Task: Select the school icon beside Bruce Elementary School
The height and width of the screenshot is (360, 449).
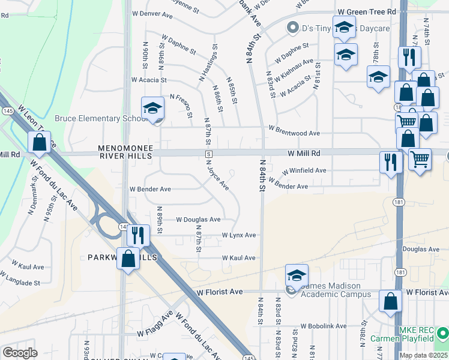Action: pyautogui.click(x=152, y=109)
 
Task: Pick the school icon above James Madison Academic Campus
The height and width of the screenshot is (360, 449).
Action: pyautogui.click(x=297, y=275)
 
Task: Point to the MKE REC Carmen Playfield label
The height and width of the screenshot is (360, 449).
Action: pyautogui.click(x=415, y=335)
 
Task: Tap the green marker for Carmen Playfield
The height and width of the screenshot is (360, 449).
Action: pyautogui.click(x=442, y=331)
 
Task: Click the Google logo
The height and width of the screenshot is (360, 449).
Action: pyautogui.click(x=20, y=353)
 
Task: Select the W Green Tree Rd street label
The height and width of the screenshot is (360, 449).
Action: pyautogui.click(x=367, y=11)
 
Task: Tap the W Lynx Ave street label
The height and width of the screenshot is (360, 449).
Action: pyautogui.click(x=239, y=235)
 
